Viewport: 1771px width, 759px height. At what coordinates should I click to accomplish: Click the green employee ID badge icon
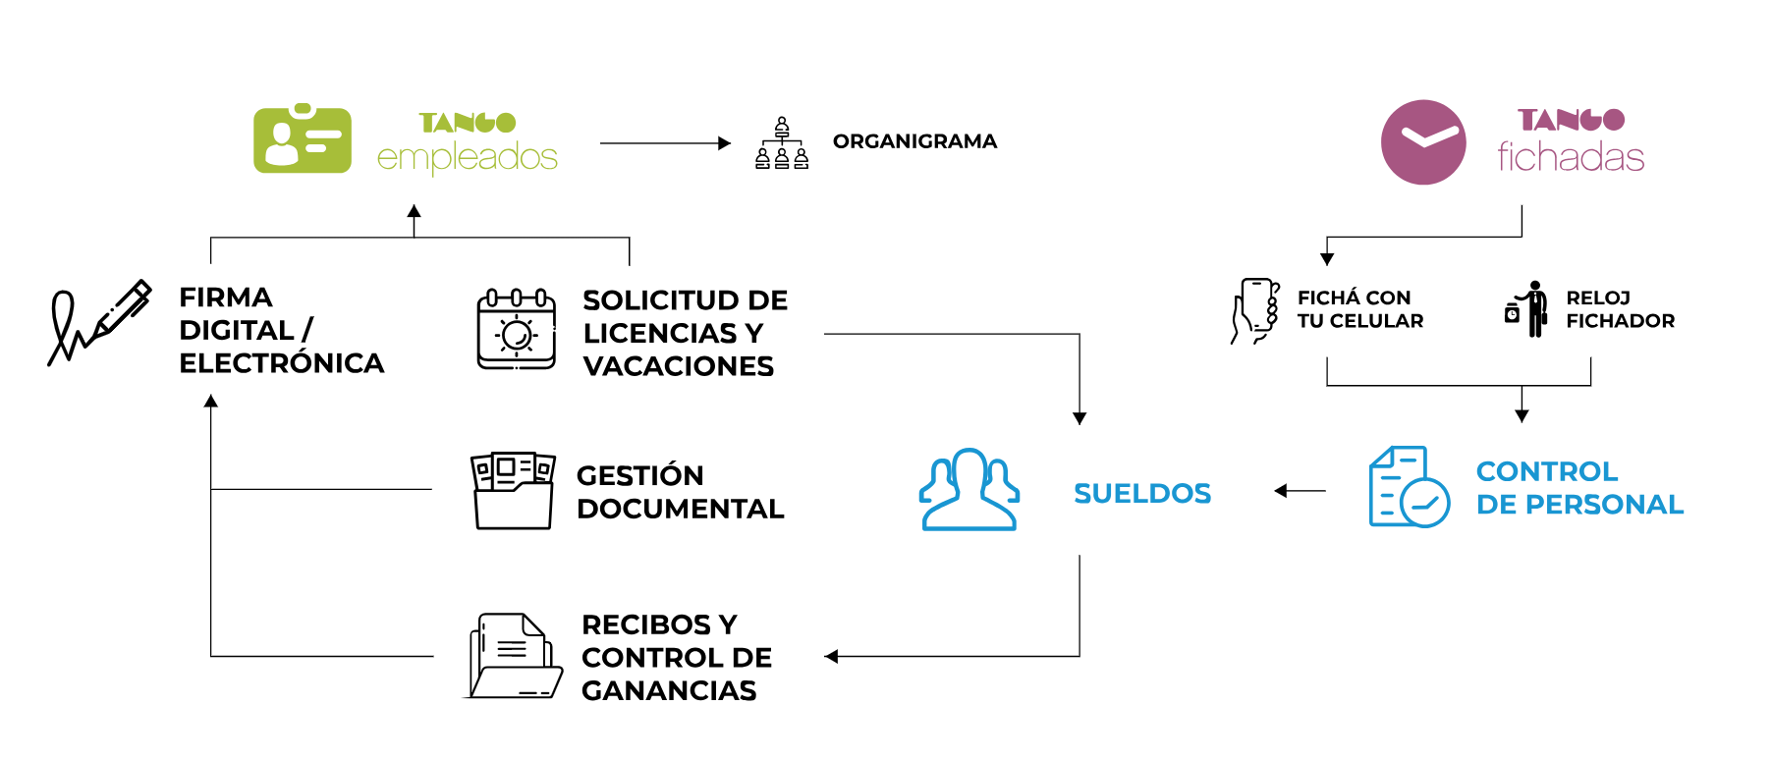pos(303,140)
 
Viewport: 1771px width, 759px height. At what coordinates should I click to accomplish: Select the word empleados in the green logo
pos(468,157)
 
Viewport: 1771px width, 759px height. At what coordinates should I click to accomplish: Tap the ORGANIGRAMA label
pos(914,141)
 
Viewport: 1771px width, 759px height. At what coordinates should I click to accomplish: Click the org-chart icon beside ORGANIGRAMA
pos(782,143)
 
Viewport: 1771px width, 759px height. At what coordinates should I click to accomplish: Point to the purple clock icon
pos(1423,141)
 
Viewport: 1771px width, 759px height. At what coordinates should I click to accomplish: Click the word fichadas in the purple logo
pos(1571,157)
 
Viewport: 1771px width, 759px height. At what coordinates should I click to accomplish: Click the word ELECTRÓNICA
pos(282,363)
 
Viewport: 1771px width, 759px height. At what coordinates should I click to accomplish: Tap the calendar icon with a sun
pos(517,330)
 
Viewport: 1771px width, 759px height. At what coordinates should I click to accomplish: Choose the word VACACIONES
pos(678,366)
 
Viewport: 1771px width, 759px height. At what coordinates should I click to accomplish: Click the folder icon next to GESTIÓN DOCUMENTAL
pos(513,491)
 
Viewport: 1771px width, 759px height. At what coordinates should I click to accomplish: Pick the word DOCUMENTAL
pos(681,509)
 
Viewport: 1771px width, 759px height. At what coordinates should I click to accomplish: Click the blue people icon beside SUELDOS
pos(969,490)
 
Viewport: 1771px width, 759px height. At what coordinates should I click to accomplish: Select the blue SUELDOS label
pos(1142,493)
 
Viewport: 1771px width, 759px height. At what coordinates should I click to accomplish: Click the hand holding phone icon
pos(1256,310)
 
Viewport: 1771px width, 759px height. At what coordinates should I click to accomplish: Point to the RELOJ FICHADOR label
pos(1620,309)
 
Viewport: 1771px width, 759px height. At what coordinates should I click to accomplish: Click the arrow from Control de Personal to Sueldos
pos(1300,491)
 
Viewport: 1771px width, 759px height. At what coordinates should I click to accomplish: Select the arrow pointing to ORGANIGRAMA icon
pos(665,143)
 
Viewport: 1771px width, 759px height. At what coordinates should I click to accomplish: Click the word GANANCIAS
pos(669,691)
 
